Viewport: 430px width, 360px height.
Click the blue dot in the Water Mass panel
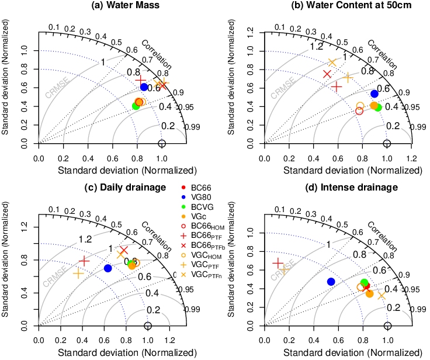pyautogui.click(x=144, y=87)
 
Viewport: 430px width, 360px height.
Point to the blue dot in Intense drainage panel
pyautogui.click(x=331, y=281)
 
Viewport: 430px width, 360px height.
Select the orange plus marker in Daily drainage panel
pyautogui.click(x=78, y=273)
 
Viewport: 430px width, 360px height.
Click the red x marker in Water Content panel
pyautogui.click(x=327, y=74)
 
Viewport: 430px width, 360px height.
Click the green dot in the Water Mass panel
pyautogui.click(x=136, y=106)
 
